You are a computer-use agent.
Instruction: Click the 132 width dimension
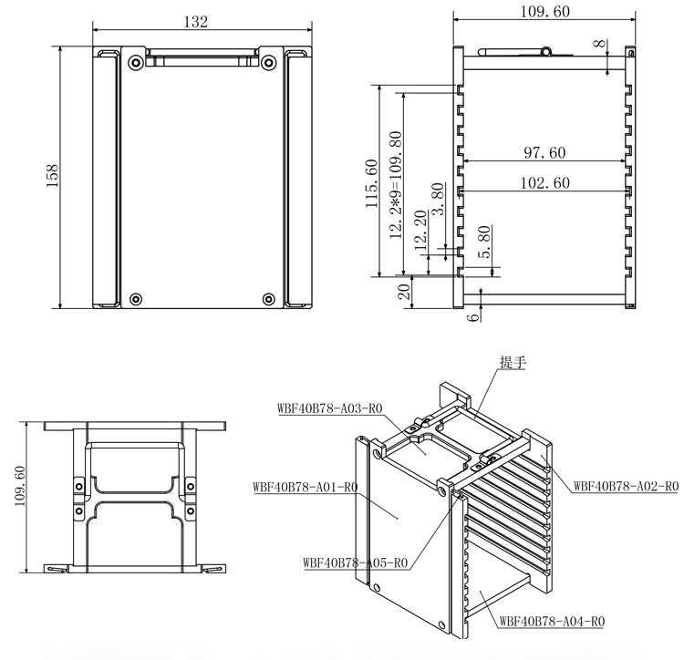[x=196, y=21]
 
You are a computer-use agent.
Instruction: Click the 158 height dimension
[x=52, y=176]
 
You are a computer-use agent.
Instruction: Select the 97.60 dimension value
[x=544, y=152]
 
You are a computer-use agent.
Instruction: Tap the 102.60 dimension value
[x=545, y=182]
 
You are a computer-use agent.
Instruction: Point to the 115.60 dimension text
[x=371, y=183]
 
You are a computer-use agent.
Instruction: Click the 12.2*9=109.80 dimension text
[x=396, y=185]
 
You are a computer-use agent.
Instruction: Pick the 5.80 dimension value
[x=484, y=242]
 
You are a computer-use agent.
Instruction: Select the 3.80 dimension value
[x=438, y=199]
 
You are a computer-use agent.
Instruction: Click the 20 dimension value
[x=405, y=291]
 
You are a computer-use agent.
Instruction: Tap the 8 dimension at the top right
[x=601, y=44]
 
